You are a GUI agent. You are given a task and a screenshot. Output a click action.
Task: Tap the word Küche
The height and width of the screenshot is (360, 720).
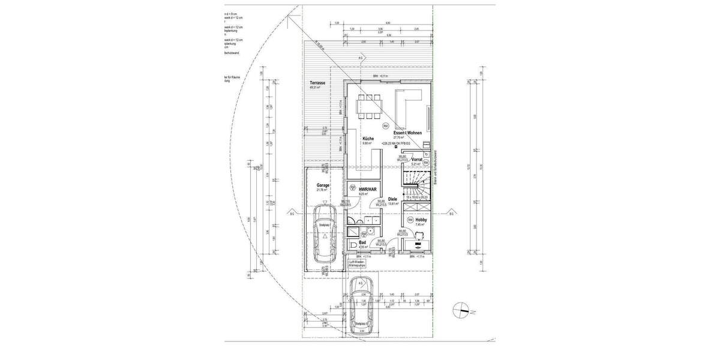click(x=368, y=139)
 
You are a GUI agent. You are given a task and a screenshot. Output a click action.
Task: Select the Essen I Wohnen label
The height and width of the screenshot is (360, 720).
click(x=407, y=133)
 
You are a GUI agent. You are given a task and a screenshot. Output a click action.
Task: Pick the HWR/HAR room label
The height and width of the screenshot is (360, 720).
click(x=367, y=190)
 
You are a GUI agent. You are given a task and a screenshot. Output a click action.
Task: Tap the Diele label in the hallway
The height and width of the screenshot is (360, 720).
click(x=393, y=199)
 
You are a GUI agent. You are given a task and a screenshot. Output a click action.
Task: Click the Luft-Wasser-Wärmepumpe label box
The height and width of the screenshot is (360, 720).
click(x=360, y=264)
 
